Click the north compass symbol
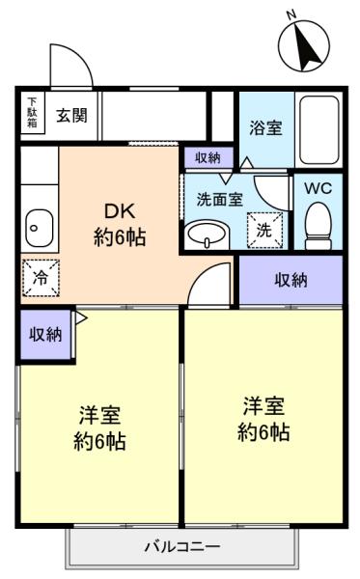pyautogui.click(x=303, y=45)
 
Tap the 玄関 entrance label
pyautogui.click(x=71, y=116)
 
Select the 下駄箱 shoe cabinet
pyautogui.click(x=33, y=112)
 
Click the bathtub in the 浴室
pyautogui.click(x=319, y=130)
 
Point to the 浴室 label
pyautogui.click(x=265, y=127)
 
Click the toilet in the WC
pyautogui.click(x=318, y=226)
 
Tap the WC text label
pyautogui.click(x=318, y=188)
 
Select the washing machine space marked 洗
pyautogui.click(x=264, y=230)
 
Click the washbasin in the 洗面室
pyautogui.click(x=207, y=234)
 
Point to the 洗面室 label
pyautogui.click(x=220, y=200)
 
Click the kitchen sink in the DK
pyautogui.click(x=40, y=228)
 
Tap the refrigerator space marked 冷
pyautogui.click(x=41, y=278)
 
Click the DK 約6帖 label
pyautogui.click(x=120, y=224)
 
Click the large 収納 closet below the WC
pyautogui.click(x=291, y=280)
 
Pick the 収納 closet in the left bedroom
pyautogui.click(x=45, y=335)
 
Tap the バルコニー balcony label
pyautogui.click(x=182, y=546)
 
